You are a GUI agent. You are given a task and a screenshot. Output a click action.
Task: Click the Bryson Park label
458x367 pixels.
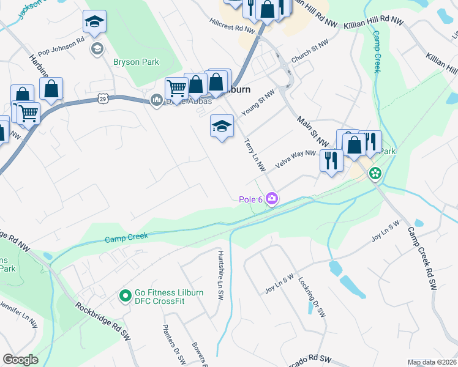tap(136, 62)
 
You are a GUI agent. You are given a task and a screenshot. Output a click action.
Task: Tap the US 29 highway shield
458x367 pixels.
tap(102, 98)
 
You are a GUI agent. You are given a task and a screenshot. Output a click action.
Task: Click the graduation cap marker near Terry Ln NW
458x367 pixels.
tap(222, 127)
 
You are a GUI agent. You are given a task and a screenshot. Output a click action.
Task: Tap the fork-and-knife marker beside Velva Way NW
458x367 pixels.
tap(331, 160)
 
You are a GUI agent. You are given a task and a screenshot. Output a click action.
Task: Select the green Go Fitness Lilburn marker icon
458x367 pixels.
tap(125, 297)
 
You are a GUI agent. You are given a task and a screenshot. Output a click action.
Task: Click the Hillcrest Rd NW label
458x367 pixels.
tap(232, 29)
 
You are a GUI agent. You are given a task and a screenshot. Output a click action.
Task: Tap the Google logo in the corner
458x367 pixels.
tap(20, 360)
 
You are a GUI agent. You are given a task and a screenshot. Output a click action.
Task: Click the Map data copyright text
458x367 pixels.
tap(432, 362)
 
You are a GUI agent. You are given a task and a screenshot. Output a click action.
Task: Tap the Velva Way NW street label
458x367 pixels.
tap(295, 159)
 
